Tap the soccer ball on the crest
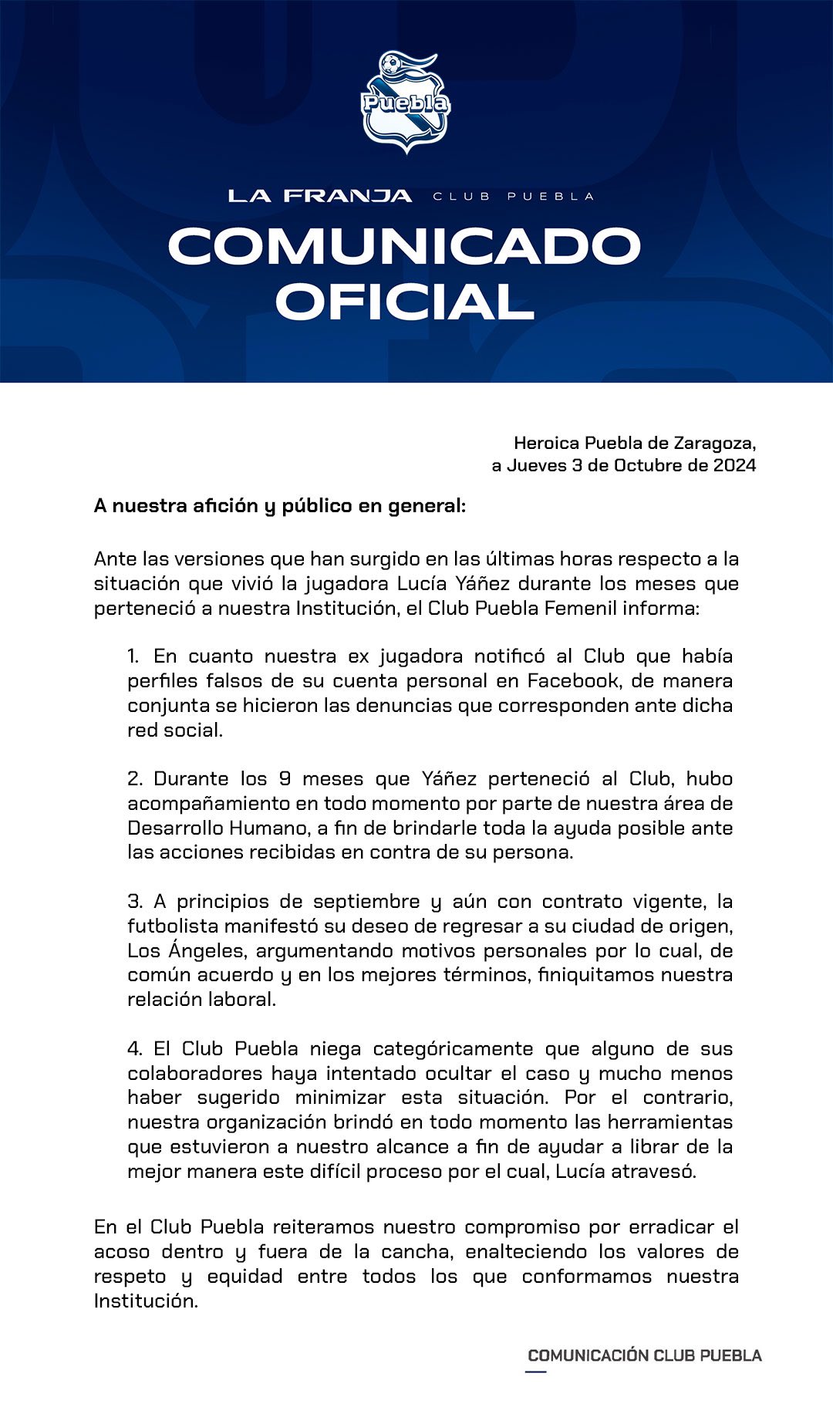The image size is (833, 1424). tap(392, 65)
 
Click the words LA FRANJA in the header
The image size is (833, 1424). tap(319, 196)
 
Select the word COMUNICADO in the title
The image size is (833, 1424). tap(405, 247)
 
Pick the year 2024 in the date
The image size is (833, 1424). tap(734, 466)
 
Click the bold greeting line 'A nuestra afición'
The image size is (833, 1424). tap(279, 506)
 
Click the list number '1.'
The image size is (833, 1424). tap(133, 656)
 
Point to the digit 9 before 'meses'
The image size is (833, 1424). tap(285, 779)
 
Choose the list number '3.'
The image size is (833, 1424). tap(135, 902)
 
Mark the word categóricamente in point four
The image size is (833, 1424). tap(453, 1049)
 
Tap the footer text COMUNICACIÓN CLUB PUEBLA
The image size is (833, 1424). tap(644, 1355)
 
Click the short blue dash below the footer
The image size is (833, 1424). tap(536, 1372)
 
